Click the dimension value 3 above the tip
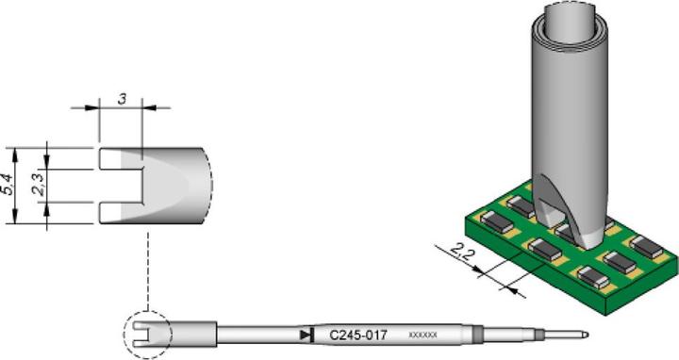[120, 98]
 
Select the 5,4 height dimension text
[8, 185]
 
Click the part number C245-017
[356, 335]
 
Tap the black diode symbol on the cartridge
[305, 335]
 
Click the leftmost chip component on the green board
[495, 224]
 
